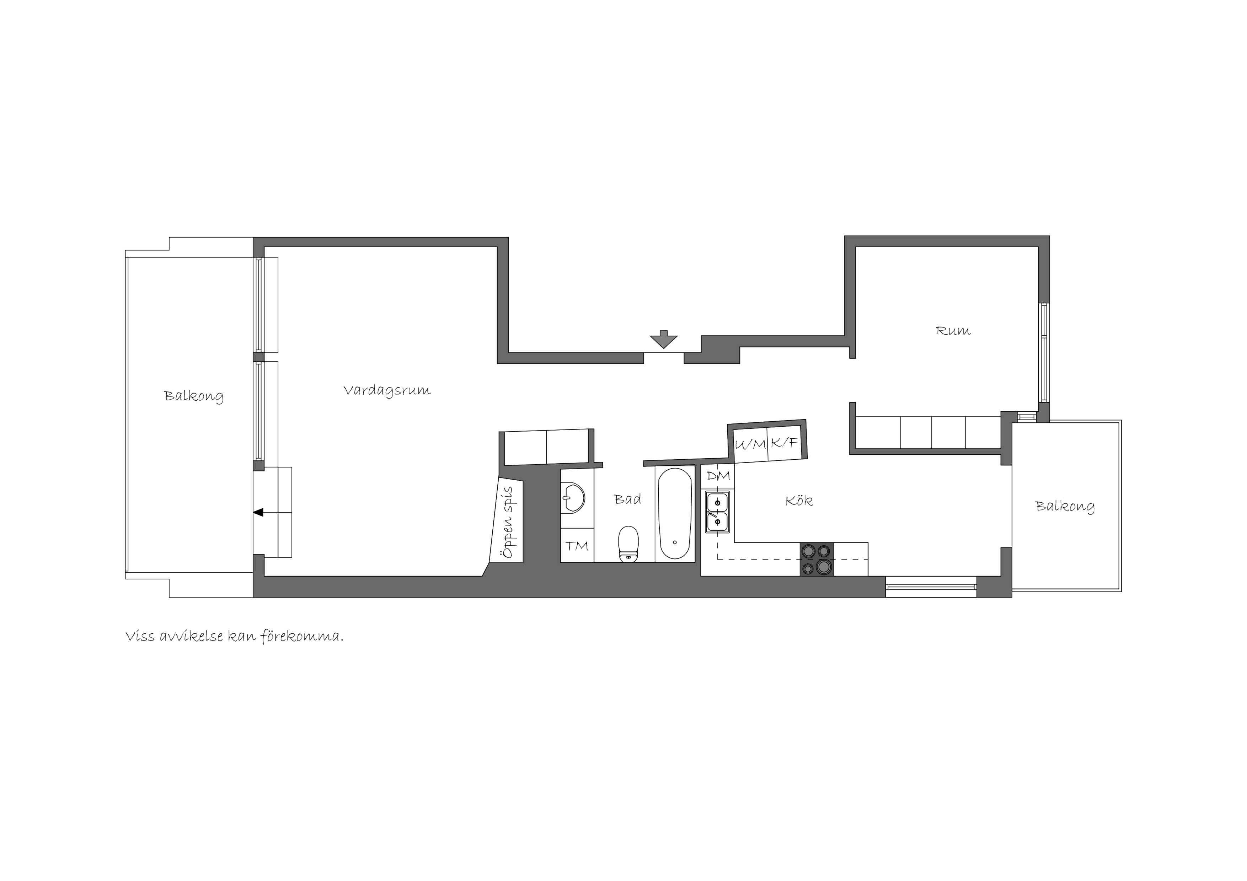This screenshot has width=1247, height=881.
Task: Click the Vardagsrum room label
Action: [x=387, y=390]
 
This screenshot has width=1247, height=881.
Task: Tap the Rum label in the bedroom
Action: [x=953, y=331]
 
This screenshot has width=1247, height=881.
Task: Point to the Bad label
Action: [x=627, y=499]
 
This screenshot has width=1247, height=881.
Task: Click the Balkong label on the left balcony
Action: [x=193, y=396]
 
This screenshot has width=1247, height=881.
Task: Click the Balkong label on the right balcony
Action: [x=1065, y=507]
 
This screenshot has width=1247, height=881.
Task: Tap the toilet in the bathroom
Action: [x=628, y=544]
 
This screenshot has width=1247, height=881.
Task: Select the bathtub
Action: [x=675, y=514]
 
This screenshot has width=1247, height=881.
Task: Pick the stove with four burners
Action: [x=816, y=559]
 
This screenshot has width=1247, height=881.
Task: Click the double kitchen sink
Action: [x=717, y=512]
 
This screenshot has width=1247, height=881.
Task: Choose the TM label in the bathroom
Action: [x=577, y=546]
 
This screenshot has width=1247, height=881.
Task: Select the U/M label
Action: [x=750, y=444]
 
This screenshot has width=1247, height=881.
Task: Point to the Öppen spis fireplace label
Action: [x=508, y=522]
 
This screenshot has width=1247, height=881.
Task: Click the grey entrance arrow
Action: [x=664, y=339]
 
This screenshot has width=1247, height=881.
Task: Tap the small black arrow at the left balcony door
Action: [x=258, y=512]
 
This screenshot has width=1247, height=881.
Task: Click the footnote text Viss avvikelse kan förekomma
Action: [x=235, y=636]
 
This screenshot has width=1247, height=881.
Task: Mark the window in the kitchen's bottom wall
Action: [x=931, y=587]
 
